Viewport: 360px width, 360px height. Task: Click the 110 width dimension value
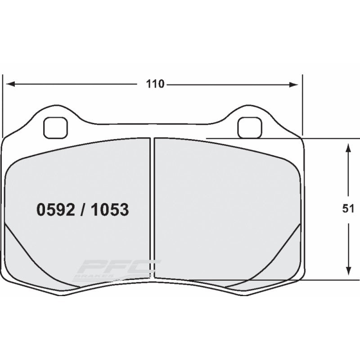[x=154, y=84]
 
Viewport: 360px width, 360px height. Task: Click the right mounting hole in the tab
[x=248, y=127]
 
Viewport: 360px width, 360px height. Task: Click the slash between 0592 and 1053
[x=83, y=210]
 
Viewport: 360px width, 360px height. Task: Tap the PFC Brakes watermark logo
[x=117, y=269]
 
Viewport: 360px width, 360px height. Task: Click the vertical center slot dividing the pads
[x=153, y=207]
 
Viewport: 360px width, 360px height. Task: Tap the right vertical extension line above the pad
[x=302, y=103]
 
